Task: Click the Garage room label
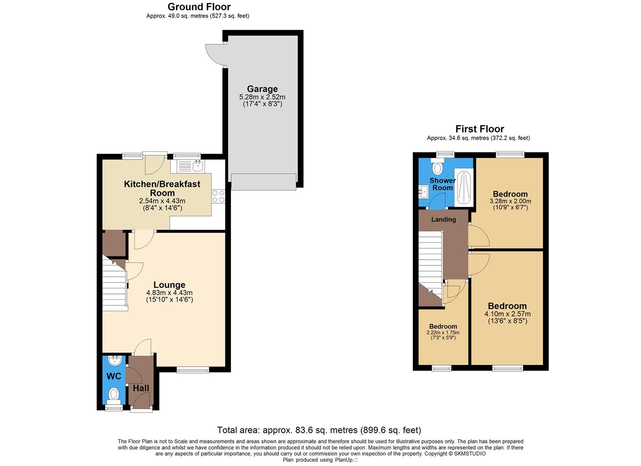coord(262,89)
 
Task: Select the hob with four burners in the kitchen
coord(218,196)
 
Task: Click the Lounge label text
coord(169,285)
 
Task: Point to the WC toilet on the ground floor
coord(114,394)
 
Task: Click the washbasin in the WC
coord(115,361)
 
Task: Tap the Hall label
coord(141,388)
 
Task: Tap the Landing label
coord(443,220)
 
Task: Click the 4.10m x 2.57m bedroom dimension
coord(507,314)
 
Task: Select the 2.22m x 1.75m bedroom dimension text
coord(443,333)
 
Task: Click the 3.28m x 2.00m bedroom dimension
coord(510,201)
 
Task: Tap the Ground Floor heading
coord(199,7)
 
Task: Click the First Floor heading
coord(480,129)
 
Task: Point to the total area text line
coord(319,430)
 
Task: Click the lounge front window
coord(193,369)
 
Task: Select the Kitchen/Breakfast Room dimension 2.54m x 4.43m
coord(162,201)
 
